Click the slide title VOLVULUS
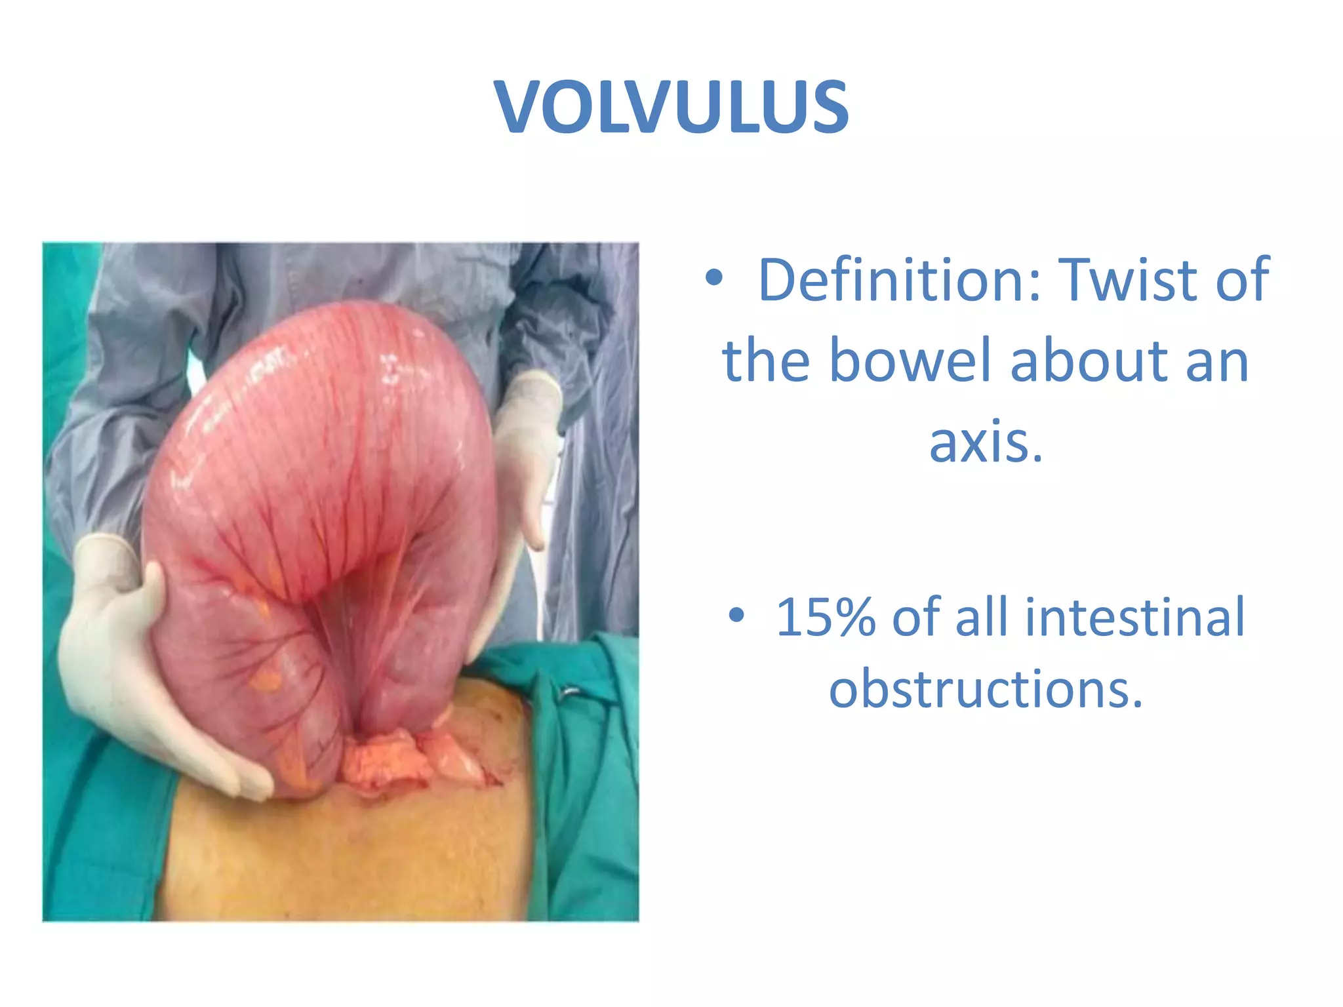point(671,107)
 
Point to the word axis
point(986,441)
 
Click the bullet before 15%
point(737,616)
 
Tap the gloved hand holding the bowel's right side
point(525,459)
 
